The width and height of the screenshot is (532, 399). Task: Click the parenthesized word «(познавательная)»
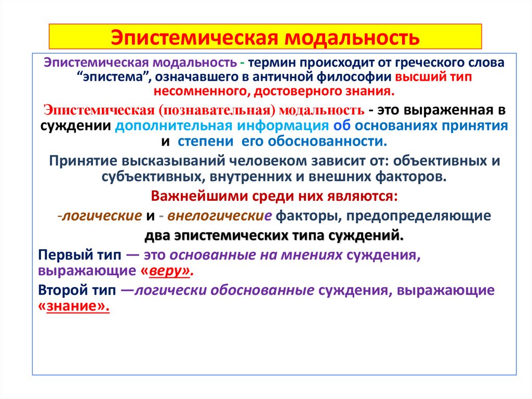pyautogui.click(x=218, y=111)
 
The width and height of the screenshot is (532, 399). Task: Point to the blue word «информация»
pyautogui.click(x=284, y=126)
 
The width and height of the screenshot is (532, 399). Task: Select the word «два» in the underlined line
pyautogui.click(x=157, y=235)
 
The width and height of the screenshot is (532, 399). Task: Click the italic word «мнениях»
pyautogui.click(x=314, y=255)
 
